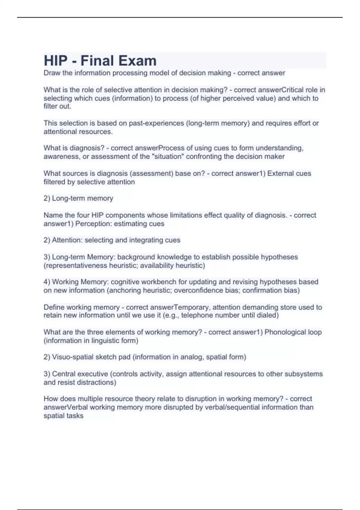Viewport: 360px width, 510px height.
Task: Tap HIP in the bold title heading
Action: pyautogui.click(x=55, y=61)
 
